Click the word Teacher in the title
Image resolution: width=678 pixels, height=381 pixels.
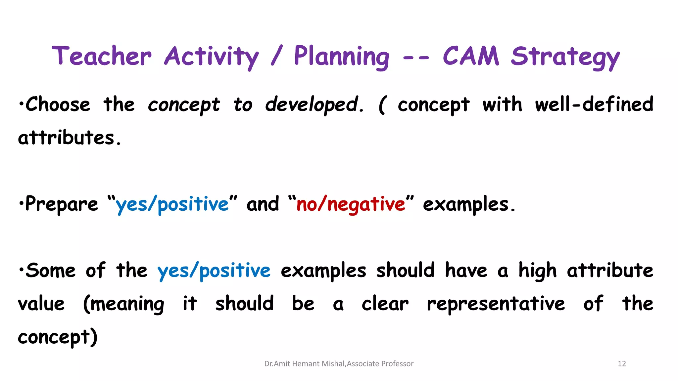(102, 56)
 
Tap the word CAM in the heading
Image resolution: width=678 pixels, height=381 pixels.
(471, 56)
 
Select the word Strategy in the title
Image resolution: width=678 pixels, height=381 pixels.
(565, 57)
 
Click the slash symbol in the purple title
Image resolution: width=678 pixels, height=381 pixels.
(277, 56)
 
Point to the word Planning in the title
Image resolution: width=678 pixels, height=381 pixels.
(341, 57)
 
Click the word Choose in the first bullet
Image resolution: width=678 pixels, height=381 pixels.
(58, 105)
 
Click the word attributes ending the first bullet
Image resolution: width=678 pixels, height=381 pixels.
(69, 138)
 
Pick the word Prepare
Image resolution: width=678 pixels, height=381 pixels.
(62, 204)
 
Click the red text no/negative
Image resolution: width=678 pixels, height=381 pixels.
(351, 204)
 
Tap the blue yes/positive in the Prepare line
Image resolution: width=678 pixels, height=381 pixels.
(172, 204)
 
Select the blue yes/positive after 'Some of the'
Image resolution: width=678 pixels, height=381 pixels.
(214, 271)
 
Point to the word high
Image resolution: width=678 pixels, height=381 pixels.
(537, 271)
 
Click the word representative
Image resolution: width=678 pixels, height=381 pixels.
(496, 304)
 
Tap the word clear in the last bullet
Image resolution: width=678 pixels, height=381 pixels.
(385, 304)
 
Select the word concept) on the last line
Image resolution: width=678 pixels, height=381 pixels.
(58, 337)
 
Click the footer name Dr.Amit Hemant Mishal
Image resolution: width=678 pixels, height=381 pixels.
(305, 364)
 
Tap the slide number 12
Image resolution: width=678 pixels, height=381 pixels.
(622, 364)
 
